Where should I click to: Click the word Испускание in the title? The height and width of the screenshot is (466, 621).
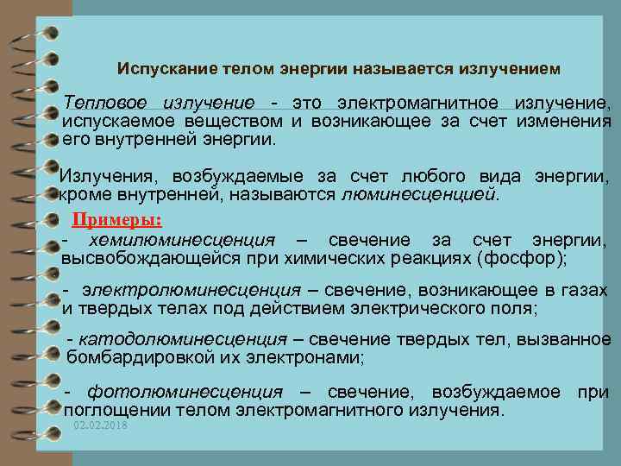160,66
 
